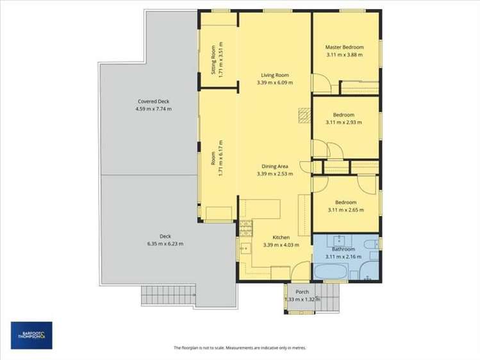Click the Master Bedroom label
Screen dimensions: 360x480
point(344,47)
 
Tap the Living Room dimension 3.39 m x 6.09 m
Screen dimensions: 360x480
point(274,83)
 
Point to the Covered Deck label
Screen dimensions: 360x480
point(153,101)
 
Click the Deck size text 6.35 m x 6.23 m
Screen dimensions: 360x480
point(147,243)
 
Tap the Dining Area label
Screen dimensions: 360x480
point(274,167)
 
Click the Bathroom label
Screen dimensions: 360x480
point(343,249)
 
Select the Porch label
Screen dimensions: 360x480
point(302,291)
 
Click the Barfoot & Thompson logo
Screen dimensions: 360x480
point(31,335)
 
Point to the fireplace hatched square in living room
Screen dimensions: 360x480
point(304,115)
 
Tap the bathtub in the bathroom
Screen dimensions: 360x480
point(331,272)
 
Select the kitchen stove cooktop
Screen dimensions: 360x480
point(245,227)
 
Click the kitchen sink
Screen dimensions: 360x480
point(244,249)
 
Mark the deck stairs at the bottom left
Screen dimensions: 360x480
point(168,295)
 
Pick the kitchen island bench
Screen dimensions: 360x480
point(261,209)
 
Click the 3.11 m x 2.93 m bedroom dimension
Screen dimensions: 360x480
point(344,122)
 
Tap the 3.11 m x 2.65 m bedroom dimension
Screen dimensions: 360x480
point(345,209)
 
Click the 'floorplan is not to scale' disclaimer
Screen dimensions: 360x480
point(240,348)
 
